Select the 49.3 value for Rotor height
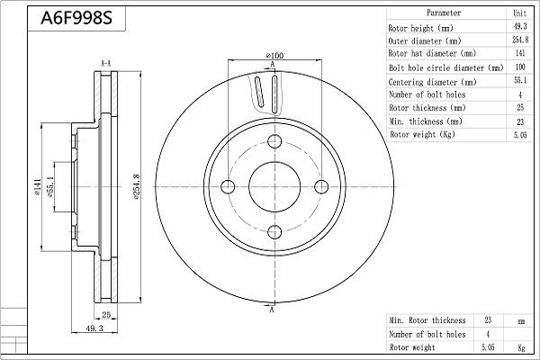(519, 27)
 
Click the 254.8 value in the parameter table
(519, 40)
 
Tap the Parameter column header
(444, 13)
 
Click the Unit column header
(519, 13)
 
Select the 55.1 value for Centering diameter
(519, 81)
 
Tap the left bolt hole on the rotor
(228, 185)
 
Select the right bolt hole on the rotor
(319, 185)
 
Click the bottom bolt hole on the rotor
(274, 231)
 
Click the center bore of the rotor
(274, 185)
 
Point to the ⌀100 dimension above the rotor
(274, 57)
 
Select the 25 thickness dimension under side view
(105, 315)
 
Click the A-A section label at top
(105, 62)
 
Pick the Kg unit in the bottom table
(519, 346)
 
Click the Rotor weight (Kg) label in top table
(421, 134)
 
